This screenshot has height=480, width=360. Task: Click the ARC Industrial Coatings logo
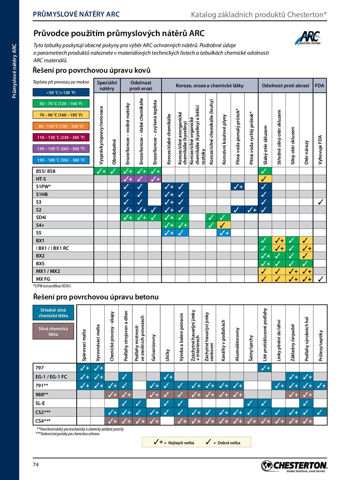pos(308,38)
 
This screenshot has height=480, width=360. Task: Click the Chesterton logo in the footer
pos(294,466)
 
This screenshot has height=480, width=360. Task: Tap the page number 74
pos(36,465)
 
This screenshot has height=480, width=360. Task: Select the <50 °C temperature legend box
pos(61,93)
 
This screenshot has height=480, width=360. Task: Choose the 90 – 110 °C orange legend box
pos(61,126)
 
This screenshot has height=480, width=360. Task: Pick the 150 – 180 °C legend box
pos(61,160)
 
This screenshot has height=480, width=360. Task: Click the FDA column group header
pos(319,86)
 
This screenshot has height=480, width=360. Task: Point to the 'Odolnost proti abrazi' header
pos(285,86)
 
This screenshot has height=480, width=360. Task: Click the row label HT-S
pos(41,179)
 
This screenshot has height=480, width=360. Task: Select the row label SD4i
pos(41,218)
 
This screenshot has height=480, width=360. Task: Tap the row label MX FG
pos(43,279)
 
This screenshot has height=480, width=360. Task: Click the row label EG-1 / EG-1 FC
pos(51,377)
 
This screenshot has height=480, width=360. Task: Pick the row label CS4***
pos(43,421)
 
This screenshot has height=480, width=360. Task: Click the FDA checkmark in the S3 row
pos(320,202)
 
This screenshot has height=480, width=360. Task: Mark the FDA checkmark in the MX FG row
pos(320,279)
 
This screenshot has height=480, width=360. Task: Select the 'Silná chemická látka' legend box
pos(53,332)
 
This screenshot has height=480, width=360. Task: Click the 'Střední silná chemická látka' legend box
pos(53,313)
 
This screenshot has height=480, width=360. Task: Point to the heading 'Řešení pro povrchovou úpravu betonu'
pos(96,297)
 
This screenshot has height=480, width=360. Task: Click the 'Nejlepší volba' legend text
pos(181,443)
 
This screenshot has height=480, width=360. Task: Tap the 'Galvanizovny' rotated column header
pos(154,347)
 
